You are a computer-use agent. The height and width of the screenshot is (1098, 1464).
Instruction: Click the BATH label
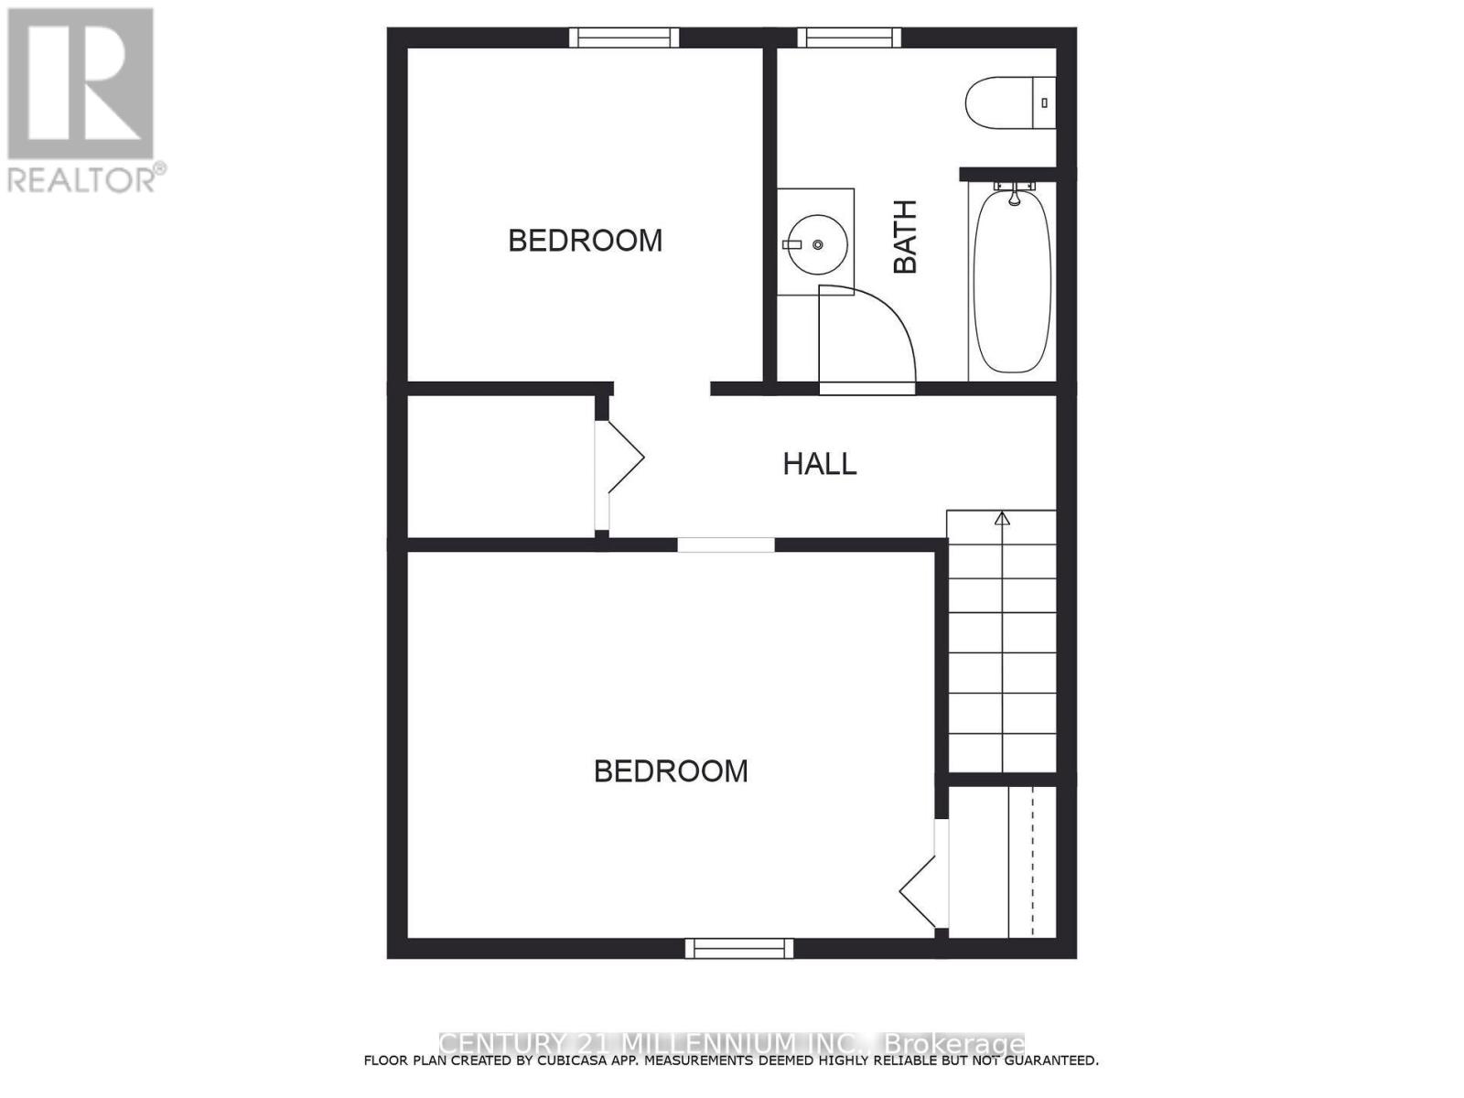coord(905,237)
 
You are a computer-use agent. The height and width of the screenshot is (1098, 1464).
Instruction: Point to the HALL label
coord(819,464)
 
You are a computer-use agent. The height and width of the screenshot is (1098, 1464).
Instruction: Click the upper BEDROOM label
coord(585,241)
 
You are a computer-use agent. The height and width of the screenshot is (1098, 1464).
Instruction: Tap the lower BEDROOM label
coord(671,771)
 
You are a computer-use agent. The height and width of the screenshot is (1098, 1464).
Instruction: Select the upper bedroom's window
coord(624,38)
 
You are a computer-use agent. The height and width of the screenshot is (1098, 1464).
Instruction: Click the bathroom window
coord(849,38)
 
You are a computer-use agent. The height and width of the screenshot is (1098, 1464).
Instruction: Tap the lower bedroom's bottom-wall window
coord(739,948)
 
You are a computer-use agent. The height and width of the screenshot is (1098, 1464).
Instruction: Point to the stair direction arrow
coord(1002,519)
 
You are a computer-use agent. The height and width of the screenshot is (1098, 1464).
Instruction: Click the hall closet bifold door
coord(622,457)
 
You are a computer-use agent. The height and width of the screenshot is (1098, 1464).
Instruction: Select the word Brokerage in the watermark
coord(954,1044)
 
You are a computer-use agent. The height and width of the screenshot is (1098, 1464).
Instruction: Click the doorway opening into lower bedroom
coord(726,545)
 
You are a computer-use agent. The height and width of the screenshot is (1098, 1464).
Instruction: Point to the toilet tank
coord(1044,102)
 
